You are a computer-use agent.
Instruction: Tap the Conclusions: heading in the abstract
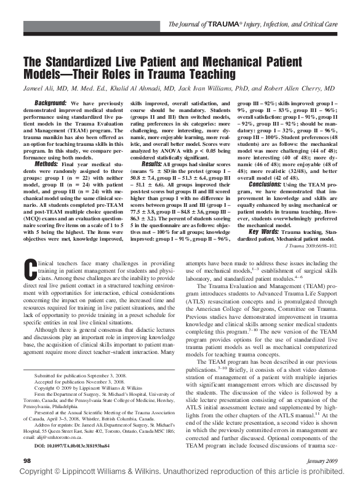268,184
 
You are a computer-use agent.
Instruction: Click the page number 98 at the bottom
27,460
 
